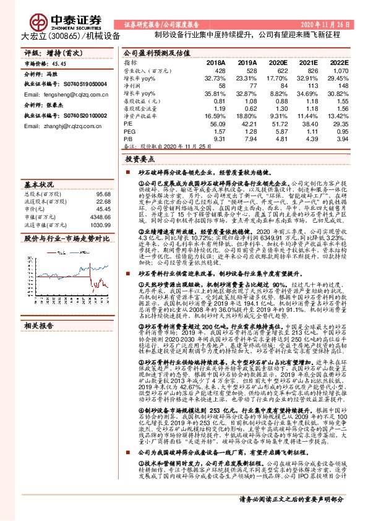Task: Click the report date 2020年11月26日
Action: (326, 24)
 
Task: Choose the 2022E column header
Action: (339, 63)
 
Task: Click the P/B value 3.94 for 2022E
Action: (341, 139)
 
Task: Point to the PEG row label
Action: (129, 132)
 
